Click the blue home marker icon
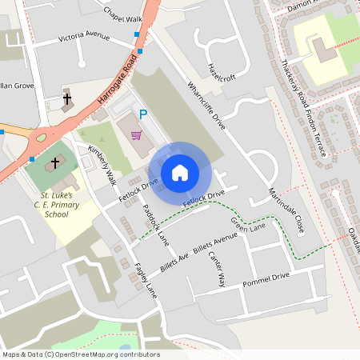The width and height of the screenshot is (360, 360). click(180, 172)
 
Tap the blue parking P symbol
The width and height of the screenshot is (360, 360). click(143, 114)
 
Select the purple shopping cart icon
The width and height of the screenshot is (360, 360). click(136, 134)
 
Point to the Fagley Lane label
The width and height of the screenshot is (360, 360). click(146, 279)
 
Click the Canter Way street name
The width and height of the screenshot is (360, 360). click(218, 269)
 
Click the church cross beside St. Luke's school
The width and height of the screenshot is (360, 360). click(54, 163)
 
